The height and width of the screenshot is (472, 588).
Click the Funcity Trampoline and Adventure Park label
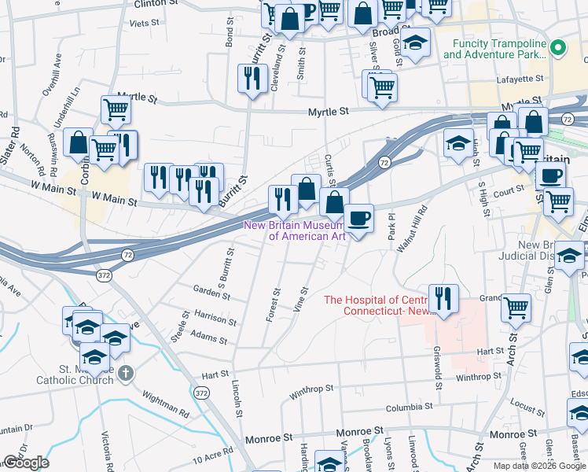coord(494,49)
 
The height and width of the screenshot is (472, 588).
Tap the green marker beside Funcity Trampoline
coord(559,48)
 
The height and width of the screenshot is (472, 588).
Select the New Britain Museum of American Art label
coord(295,230)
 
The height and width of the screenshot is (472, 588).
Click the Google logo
coord(25,463)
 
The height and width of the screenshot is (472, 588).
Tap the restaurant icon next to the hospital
coord(443,297)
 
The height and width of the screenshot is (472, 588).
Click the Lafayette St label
coord(520,79)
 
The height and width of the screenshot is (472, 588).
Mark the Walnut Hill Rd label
coord(411,228)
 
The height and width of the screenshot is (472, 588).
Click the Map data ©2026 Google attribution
coord(539,466)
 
